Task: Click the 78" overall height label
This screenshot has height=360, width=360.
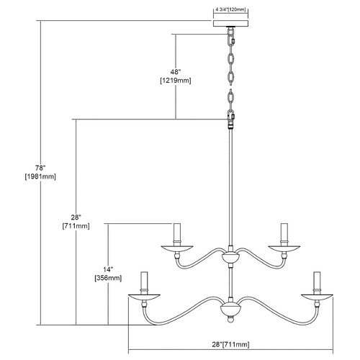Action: (x=40, y=168)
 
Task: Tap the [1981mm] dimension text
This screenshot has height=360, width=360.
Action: (x=40, y=176)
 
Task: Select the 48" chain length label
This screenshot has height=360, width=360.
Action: (x=176, y=72)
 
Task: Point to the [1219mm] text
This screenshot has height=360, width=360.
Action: (x=176, y=81)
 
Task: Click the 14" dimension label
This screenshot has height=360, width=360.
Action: (x=108, y=269)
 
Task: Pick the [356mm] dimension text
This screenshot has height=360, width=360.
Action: (x=108, y=278)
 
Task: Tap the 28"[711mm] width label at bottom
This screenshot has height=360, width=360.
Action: (x=230, y=345)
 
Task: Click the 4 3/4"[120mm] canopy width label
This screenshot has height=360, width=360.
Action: (x=230, y=10)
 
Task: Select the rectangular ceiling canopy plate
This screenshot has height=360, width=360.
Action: (x=230, y=23)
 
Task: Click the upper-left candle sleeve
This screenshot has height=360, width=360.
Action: (x=177, y=235)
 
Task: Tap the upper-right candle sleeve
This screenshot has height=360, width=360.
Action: (x=284, y=235)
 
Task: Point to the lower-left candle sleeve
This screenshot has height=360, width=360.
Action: (x=144, y=283)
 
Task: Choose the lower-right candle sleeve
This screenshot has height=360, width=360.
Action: (x=317, y=283)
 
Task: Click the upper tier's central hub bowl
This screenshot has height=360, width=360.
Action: (x=230, y=258)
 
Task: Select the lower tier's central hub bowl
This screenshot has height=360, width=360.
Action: (x=230, y=309)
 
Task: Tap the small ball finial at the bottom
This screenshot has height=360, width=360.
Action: (x=230, y=320)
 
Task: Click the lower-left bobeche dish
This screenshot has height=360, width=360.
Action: (x=144, y=297)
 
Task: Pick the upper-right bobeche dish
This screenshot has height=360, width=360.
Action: (x=284, y=249)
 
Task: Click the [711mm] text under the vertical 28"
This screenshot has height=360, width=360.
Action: (x=76, y=226)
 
